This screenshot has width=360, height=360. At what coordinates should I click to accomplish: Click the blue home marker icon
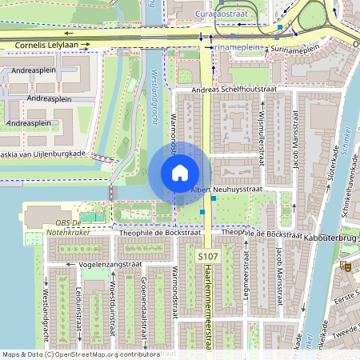pyautogui.click(x=180, y=173)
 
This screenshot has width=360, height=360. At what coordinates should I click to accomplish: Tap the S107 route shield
pyautogui.click(x=208, y=255)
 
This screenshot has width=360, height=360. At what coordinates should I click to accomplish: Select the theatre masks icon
pyautogui.click(x=346, y=266)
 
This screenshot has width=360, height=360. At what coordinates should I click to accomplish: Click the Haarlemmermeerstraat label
pyautogui.click(x=210, y=310)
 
